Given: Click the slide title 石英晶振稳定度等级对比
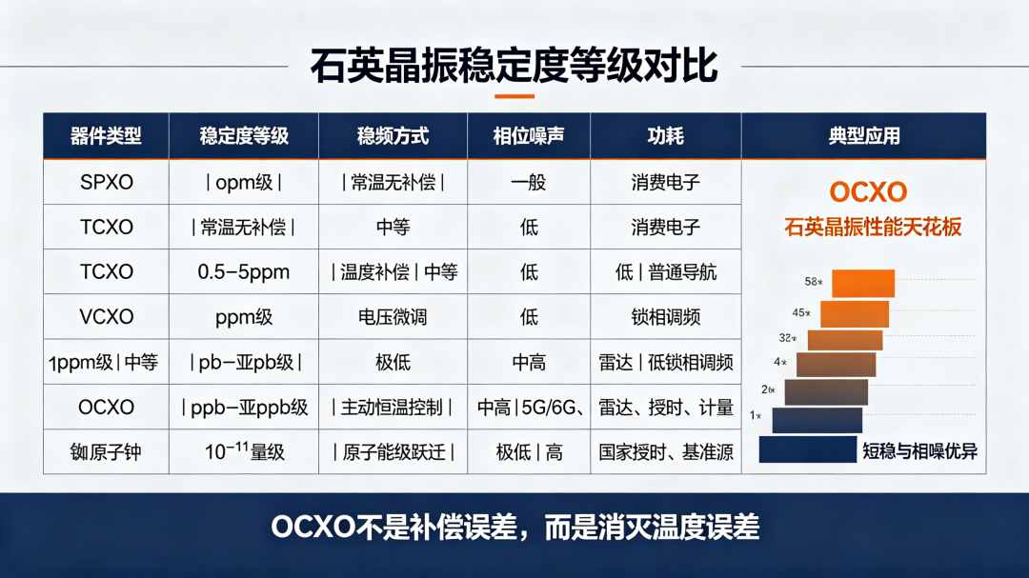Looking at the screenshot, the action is click(514, 66).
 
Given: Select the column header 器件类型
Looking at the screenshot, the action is click(106, 136).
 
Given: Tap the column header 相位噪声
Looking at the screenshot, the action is click(528, 136).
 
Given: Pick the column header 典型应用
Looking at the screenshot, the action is click(863, 136).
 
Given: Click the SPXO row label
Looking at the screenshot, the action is click(107, 183).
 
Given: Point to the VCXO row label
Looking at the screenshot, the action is click(107, 317).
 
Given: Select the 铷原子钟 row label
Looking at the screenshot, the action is click(106, 452).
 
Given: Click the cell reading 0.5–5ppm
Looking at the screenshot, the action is click(244, 272).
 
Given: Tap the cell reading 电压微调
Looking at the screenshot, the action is click(393, 317).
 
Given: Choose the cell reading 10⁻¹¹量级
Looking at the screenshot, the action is click(244, 451).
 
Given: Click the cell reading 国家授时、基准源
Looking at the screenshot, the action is click(665, 452).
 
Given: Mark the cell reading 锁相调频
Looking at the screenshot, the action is click(665, 317).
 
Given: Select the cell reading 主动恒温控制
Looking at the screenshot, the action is click(393, 408).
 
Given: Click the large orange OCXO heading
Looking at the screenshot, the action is click(868, 191).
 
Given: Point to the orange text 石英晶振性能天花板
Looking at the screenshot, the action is click(873, 227).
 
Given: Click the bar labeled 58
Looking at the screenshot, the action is click(863, 284).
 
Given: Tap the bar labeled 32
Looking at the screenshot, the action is click(845, 340).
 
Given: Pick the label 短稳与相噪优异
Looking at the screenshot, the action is click(919, 451).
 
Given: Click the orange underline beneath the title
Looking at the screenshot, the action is click(514, 96).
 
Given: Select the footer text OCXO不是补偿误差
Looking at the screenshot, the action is click(393, 528).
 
